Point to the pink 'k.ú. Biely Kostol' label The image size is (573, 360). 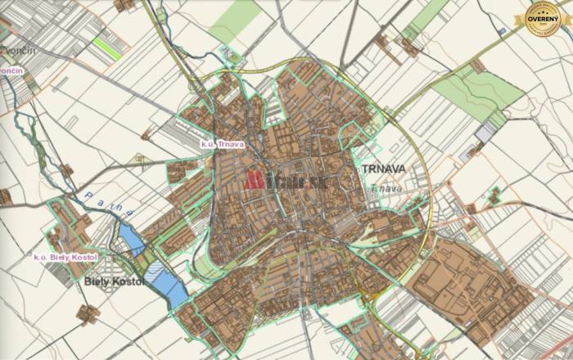(65, 257)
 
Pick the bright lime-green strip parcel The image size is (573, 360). (106, 46)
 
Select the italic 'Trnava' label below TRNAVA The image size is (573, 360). (386, 188)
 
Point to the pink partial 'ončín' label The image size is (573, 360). (10, 71)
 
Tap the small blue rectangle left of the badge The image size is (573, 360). (501, 30)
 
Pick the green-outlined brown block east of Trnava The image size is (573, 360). (494, 196)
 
